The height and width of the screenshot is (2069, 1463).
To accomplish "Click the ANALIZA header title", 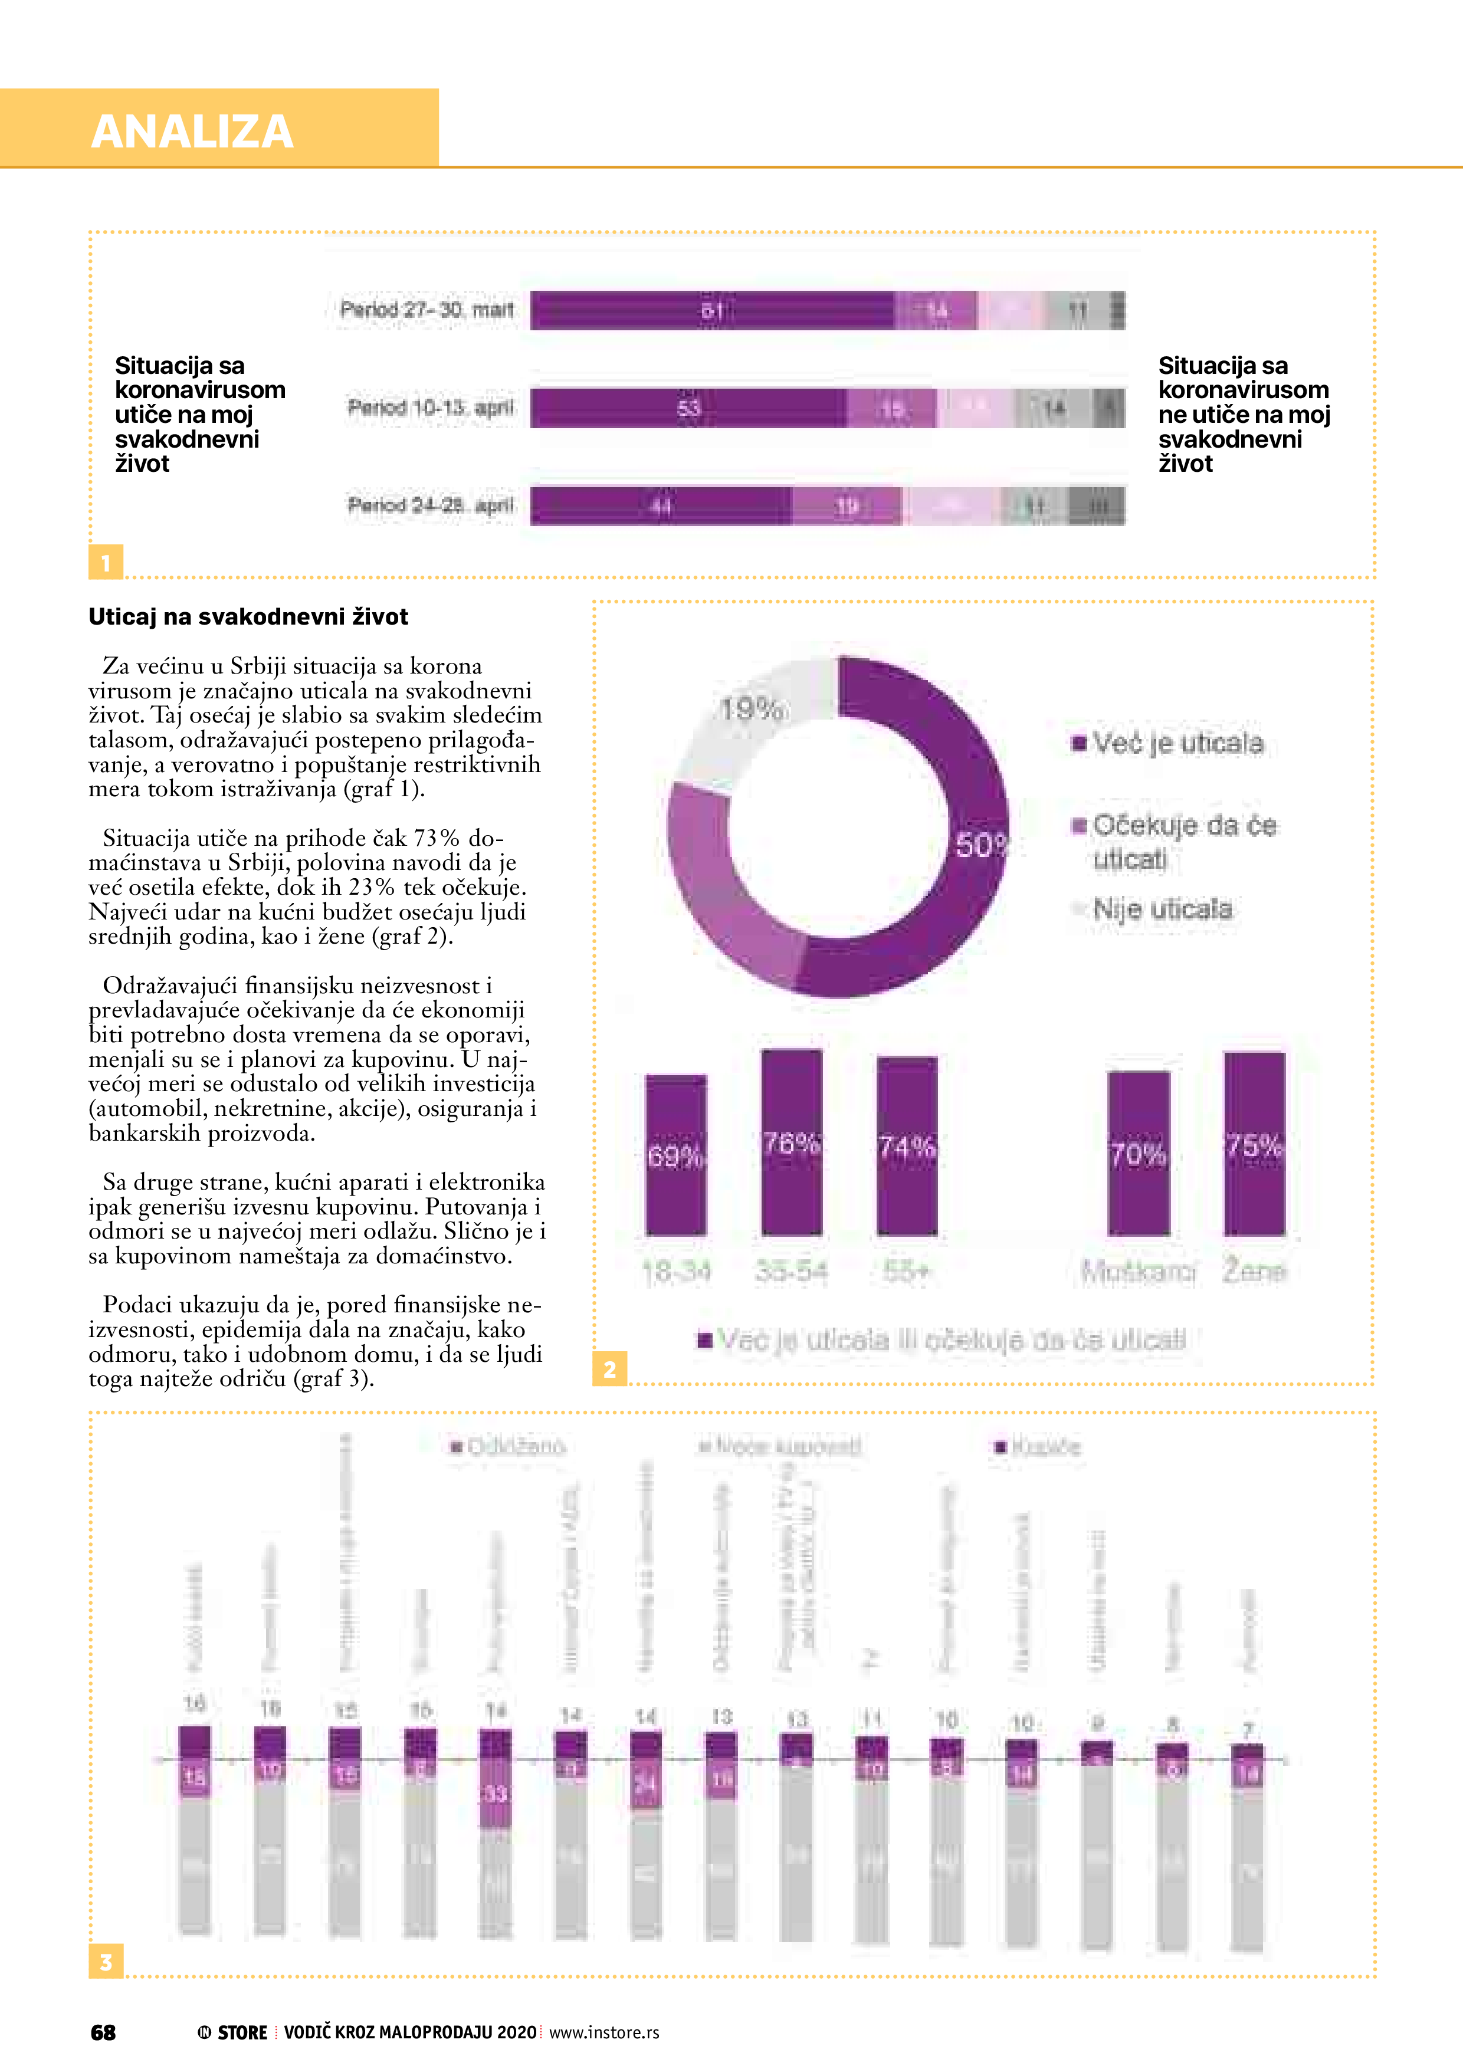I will [192, 132].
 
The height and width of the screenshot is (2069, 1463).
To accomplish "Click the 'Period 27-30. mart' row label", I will [427, 310].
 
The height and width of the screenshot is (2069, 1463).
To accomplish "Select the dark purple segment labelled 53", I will [688, 408].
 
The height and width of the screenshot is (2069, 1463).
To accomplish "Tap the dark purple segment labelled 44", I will [661, 505].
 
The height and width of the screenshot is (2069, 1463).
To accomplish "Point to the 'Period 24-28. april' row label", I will [430, 505].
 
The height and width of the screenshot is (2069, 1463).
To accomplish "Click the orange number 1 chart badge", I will [106, 562].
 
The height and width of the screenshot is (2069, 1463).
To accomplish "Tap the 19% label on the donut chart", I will [751, 709].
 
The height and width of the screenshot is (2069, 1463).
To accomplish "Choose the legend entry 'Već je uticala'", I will [1176, 743].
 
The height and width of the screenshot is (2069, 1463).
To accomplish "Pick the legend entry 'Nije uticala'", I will [1161, 909].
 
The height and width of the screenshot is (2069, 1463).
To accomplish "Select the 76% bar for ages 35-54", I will [792, 1142].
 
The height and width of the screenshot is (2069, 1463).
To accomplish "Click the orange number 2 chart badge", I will [610, 1370].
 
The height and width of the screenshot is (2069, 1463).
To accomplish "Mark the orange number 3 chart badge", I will [106, 1962].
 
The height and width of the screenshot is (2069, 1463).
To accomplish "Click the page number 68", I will [104, 2032].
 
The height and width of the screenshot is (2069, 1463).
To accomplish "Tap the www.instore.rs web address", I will [604, 2032].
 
